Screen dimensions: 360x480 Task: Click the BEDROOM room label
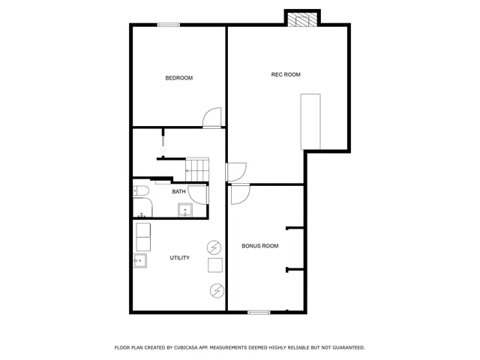(x=179, y=78)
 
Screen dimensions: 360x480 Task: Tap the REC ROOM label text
(x=286, y=74)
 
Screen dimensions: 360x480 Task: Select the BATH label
(x=179, y=191)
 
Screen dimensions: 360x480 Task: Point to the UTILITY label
(x=179, y=258)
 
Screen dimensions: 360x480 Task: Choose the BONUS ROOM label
(x=260, y=246)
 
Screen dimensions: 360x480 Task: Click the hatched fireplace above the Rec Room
(x=303, y=19)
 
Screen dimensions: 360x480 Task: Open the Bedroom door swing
(x=213, y=118)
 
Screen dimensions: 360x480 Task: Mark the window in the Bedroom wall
(x=169, y=25)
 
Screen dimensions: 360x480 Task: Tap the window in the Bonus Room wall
(x=259, y=312)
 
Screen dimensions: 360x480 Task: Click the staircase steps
(x=196, y=169)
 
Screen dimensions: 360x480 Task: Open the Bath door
(x=199, y=193)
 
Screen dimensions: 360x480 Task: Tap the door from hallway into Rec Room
(x=235, y=172)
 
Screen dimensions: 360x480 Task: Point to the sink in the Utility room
(x=140, y=262)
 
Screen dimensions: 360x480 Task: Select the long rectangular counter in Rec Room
(x=310, y=121)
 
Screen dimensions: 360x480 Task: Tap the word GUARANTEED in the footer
(x=346, y=348)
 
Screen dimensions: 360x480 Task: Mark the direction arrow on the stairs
(x=190, y=171)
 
